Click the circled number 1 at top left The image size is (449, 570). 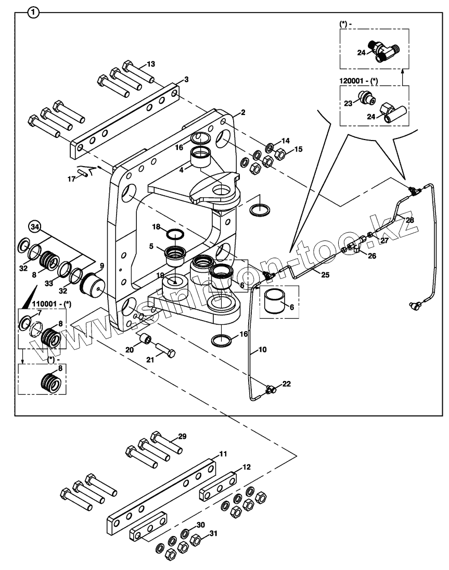33,11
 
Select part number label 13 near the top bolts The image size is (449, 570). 151,64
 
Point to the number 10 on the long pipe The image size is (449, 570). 262,350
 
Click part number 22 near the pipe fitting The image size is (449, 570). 286,384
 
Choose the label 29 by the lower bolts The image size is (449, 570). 182,436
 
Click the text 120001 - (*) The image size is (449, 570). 358,82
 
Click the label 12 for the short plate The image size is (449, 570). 247,467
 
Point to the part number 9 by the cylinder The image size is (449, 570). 102,265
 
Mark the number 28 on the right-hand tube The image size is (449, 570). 410,220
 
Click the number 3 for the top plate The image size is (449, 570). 186,80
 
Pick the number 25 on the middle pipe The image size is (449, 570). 325,274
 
